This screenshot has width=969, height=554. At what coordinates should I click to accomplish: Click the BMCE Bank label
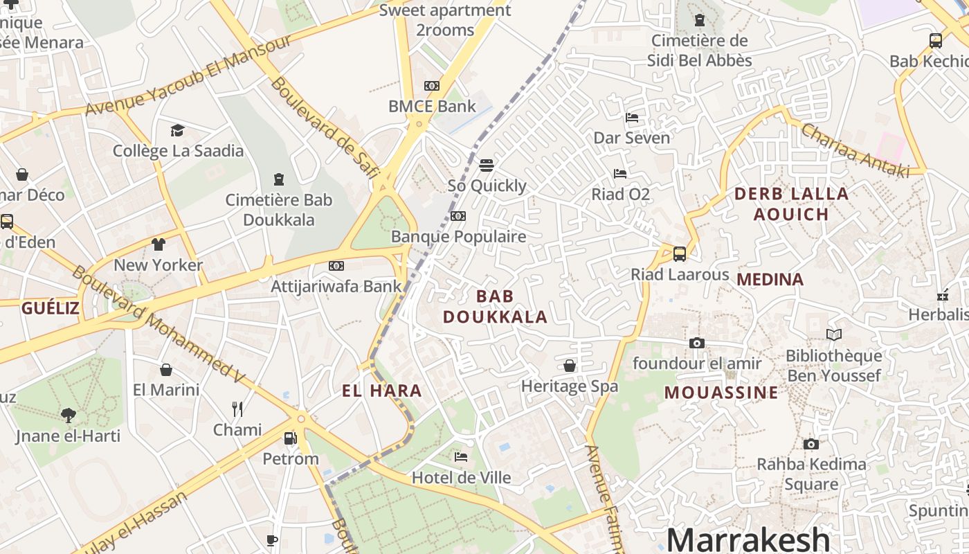432,106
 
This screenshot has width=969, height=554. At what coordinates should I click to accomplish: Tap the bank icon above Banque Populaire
458,216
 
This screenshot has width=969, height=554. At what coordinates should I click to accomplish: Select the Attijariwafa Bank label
336,286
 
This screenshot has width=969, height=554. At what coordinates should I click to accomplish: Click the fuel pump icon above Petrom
291,438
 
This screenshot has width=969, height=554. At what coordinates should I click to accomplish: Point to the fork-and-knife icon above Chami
237,409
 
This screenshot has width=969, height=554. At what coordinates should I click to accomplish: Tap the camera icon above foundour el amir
697,343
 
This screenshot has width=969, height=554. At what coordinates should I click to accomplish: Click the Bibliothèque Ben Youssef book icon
834,335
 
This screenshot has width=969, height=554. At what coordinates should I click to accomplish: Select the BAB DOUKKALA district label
495,307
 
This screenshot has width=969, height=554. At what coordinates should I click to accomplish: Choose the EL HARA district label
381,391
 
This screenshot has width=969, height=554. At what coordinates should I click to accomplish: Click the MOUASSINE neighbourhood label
721,393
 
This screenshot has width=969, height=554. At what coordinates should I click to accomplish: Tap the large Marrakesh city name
748,539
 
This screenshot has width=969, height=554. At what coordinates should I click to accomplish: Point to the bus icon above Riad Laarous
680,254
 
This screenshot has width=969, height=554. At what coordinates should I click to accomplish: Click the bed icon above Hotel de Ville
461,457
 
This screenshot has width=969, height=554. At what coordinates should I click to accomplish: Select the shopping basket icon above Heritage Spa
570,366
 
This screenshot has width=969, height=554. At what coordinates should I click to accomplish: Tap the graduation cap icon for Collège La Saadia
178,130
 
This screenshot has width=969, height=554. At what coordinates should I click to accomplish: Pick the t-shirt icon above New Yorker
159,244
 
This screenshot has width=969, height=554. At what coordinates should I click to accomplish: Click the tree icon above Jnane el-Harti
68,415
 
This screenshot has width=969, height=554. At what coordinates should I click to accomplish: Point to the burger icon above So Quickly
487,166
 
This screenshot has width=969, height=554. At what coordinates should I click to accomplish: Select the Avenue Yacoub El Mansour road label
188,75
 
